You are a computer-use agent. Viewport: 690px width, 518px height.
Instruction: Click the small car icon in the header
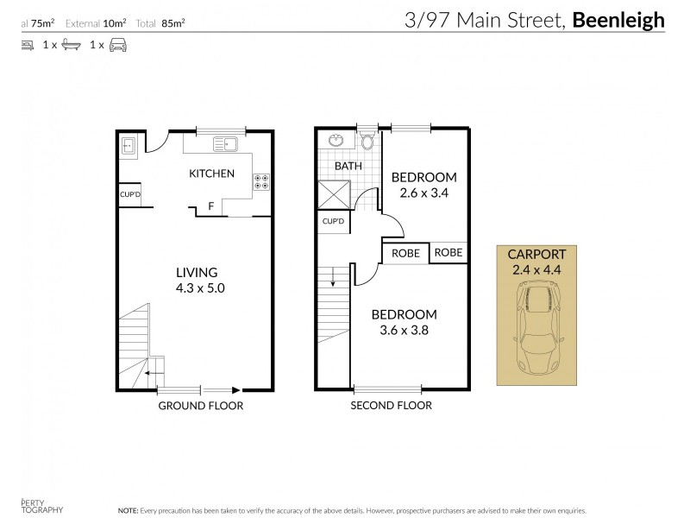click(x=116, y=44)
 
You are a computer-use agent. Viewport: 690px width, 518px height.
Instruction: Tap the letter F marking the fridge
click(x=210, y=206)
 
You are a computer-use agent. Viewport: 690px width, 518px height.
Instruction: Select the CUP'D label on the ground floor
click(x=130, y=195)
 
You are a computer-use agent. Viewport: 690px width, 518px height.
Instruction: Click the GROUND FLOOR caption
click(x=200, y=406)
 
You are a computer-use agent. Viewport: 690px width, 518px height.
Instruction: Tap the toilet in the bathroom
click(x=367, y=142)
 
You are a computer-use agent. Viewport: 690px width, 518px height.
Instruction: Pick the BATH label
click(x=348, y=166)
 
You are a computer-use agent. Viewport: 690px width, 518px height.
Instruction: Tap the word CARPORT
click(x=536, y=254)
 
